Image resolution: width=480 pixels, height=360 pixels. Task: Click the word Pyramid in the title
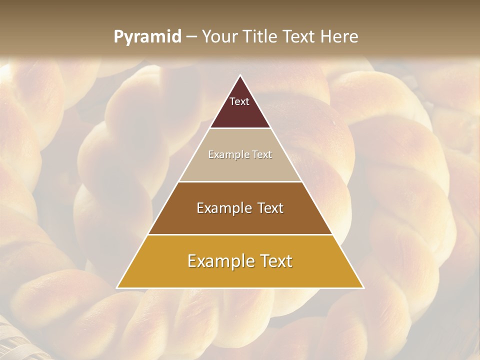[x=147, y=37]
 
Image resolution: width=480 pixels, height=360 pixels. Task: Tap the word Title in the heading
[x=263, y=37]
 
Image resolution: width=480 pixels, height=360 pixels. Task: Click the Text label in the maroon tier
[x=239, y=101]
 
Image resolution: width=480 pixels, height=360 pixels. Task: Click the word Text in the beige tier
[x=262, y=155]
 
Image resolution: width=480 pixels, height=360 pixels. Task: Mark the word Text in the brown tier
[x=270, y=208]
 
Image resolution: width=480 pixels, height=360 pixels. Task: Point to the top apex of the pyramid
[x=240, y=76]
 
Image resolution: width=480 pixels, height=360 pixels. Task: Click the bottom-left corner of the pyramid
[x=117, y=287]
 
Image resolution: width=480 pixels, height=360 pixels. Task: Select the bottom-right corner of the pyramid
[x=363, y=287]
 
